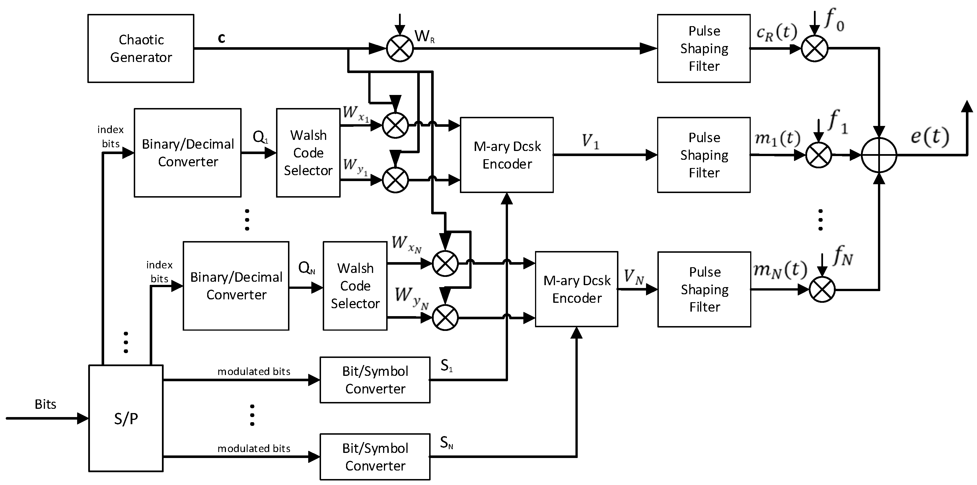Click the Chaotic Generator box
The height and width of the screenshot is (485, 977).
coord(141,49)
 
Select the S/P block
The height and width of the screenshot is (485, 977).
coord(126,418)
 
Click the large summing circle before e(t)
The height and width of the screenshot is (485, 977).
coord(879,155)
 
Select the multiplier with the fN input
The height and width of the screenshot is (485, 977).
coord(822,289)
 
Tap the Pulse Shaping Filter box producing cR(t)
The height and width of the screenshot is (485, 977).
coord(704,49)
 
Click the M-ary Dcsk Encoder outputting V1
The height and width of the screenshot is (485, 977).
coord(507,155)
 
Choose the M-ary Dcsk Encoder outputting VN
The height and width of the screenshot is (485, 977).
coord(577,289)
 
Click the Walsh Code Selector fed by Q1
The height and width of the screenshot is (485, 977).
coord(308,153)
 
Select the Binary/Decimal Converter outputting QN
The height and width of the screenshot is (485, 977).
coord(236,286)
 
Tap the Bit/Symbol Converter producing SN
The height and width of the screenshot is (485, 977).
coord(375,457)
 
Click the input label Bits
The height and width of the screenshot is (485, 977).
coord(45,404)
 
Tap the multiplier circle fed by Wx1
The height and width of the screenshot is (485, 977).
coord(395,125)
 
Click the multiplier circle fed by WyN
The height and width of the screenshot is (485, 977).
coord(445,318)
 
